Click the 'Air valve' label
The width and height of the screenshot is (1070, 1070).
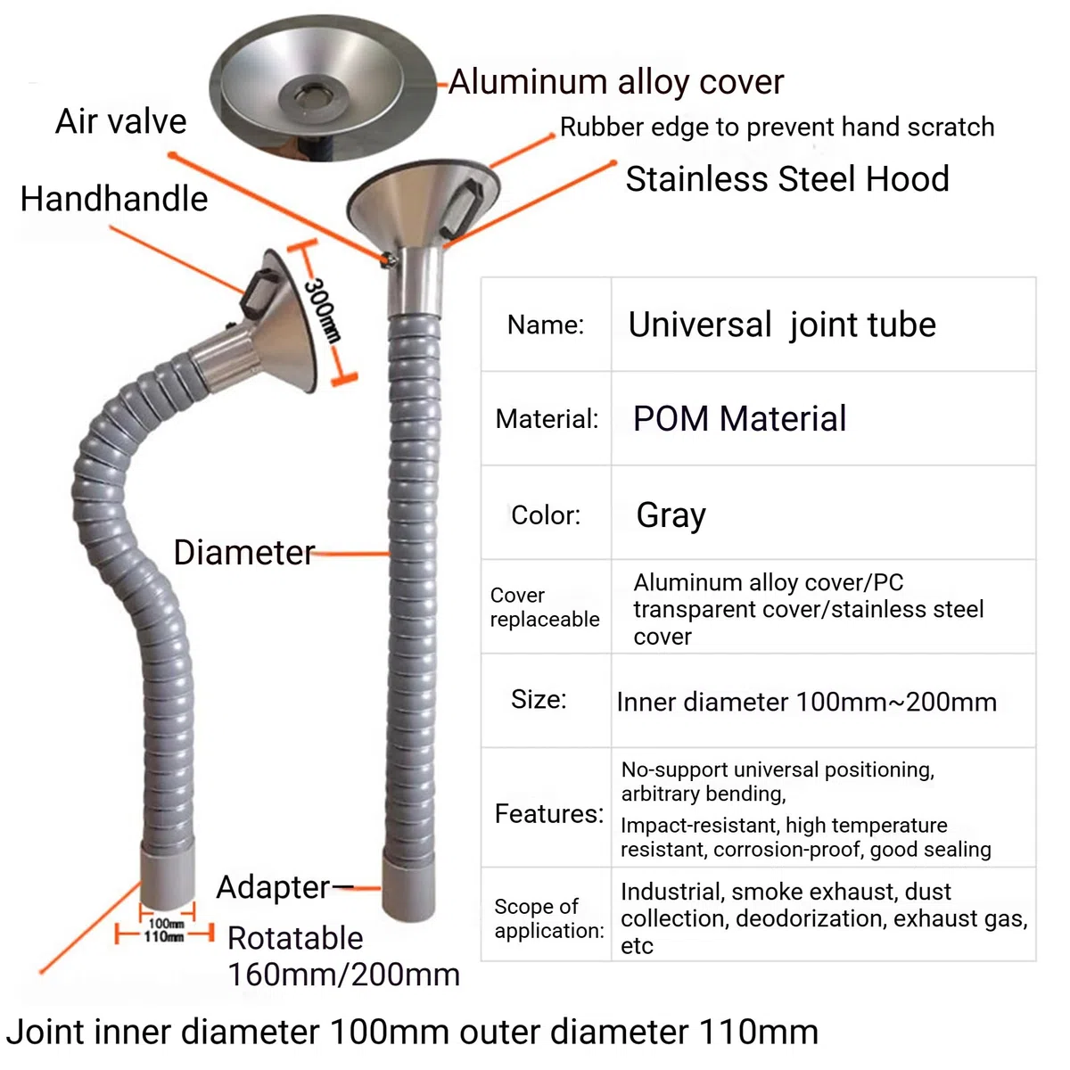point(121,121)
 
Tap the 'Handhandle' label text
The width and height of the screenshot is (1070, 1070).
point(114,199)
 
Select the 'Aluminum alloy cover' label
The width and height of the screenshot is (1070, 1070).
point(616,82)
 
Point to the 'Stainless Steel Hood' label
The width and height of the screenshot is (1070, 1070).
point(787,179)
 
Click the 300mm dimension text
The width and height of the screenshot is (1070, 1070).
point(322,309)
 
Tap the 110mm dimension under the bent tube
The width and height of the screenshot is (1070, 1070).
point(164,937)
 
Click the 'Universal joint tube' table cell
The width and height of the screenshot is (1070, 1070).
point(782,325)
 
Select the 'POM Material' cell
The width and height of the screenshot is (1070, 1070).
point(739,418)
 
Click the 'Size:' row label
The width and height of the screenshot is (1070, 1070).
point(539,699)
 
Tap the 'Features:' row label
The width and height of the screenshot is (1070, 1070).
point(549,813)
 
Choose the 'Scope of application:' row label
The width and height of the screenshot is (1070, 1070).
point(549,918)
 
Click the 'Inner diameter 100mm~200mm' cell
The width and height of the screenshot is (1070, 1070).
point(807,703)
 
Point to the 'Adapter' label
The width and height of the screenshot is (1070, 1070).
point(273,886)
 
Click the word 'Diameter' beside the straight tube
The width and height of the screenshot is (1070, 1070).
point(244,553)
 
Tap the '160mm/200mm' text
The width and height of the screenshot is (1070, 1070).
point(343,975)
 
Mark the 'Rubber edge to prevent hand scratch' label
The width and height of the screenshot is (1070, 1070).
point(777,128)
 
